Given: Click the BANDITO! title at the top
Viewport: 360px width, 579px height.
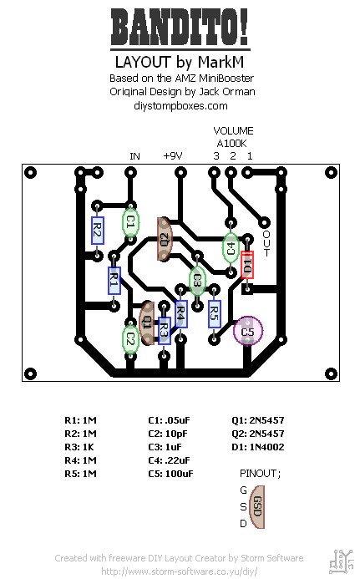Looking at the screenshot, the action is tap(180, 28).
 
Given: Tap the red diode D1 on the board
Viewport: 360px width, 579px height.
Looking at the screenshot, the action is tap(247, 264).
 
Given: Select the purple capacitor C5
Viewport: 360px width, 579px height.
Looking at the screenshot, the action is tap(248, 331).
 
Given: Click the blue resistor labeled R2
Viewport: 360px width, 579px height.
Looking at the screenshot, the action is tap(97, 231).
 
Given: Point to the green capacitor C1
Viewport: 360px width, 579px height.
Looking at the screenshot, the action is tap(130, 222).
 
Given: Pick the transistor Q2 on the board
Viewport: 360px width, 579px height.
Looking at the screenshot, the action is tap(165, 239).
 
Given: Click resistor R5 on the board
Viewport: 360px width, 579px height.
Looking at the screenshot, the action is tap(214, 314).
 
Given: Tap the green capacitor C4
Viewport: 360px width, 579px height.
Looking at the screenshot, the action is tap(231, 248).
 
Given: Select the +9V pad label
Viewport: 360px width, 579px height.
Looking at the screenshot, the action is tap(173, 156).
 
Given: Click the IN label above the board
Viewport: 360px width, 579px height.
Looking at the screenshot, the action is tap(134, 156).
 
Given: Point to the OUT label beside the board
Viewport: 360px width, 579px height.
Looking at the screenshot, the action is tap(266, 243).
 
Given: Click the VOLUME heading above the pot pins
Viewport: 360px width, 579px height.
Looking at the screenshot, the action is tap(233, 130).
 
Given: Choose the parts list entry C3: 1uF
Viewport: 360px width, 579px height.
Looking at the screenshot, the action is tap(165, 447).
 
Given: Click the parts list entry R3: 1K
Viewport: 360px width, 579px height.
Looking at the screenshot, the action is tap(79, 447).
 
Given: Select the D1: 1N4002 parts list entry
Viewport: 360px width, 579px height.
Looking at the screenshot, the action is tap(258, 447).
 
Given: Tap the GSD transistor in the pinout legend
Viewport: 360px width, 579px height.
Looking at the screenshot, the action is tap(257, 506).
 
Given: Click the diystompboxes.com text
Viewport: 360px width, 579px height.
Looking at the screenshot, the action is tap(180, 106).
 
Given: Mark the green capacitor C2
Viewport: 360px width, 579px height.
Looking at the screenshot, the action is tap(130, 339).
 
